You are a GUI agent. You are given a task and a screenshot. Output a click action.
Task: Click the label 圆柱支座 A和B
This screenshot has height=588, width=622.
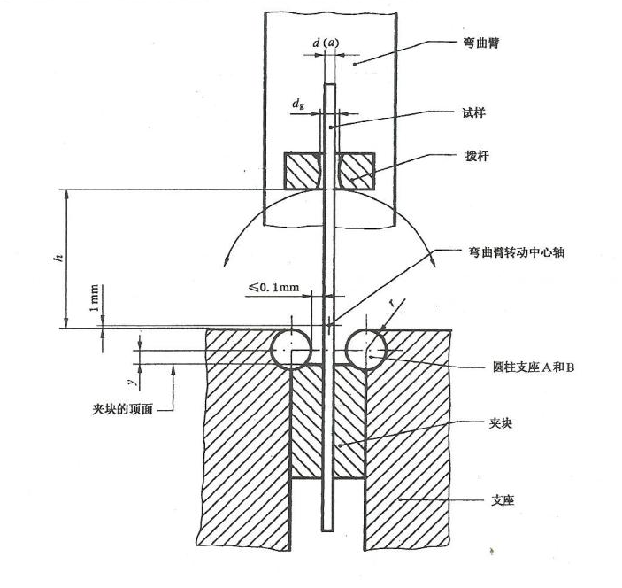click(x=534, y=366)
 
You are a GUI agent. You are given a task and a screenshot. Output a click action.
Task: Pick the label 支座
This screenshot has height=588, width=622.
click(x=502, y=501)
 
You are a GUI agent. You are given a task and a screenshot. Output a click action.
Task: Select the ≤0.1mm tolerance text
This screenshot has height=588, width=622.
click(x=273, y=287)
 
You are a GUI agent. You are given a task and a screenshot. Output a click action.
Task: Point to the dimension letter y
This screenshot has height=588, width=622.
click(x=130, y=381)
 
